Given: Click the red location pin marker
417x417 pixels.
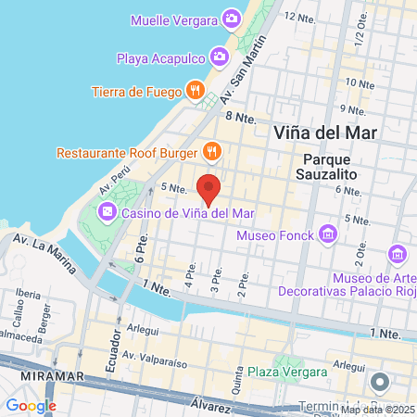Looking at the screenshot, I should click(209, 189).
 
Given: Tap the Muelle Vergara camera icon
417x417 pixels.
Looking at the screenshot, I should click(232, 19).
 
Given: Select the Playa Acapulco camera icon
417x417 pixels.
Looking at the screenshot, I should click(219, 57).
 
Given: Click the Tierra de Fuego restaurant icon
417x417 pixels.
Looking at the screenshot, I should click(195, 91).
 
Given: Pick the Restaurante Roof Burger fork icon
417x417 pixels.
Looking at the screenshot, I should click(212, 151).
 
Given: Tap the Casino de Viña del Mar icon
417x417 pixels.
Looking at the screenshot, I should click(107, 213).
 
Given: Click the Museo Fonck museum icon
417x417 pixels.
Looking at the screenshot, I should click(326, 234).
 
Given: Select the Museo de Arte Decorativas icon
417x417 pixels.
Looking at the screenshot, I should click(398, 253).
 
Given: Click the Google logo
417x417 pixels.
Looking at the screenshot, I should click(31, 406).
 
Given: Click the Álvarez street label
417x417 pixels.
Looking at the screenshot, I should click(209, 404).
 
